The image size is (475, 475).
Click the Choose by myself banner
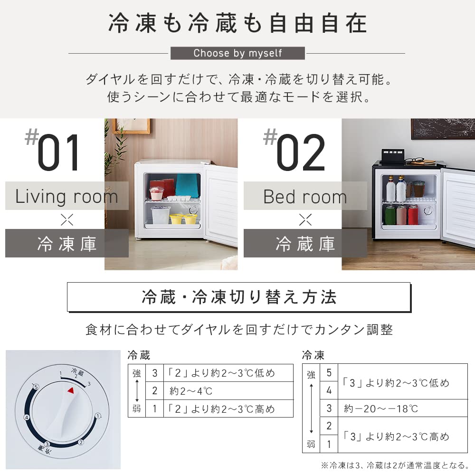click(237, 53)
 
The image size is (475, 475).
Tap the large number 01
click(59, 154)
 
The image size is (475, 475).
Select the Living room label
click(66, 196)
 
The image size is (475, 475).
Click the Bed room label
click(305, 196)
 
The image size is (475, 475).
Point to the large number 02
click(300, 154)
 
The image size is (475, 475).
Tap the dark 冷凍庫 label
click(66, 244)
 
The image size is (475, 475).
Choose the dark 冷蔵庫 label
click(305, 244)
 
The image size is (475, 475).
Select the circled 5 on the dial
click(36, 387)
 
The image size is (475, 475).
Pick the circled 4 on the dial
click(27, 418)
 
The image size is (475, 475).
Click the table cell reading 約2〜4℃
click(191, 391)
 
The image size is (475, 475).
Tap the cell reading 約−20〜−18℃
click(381, 408)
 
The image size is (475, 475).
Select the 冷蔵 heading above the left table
click(139, 355)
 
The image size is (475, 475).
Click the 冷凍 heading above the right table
click(313, 355)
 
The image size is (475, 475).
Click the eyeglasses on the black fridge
click(417, 161)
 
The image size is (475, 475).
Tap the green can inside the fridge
click(390, 215)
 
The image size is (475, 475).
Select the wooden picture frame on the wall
click(131, 125)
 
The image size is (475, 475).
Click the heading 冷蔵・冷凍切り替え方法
click(239, 297)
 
